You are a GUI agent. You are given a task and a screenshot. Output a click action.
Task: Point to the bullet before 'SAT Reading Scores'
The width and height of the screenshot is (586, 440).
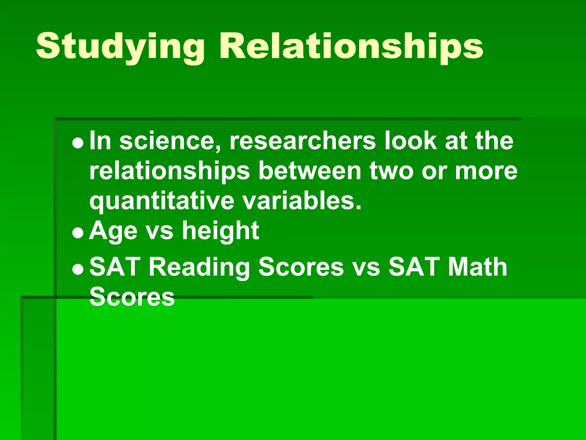pos(78,269)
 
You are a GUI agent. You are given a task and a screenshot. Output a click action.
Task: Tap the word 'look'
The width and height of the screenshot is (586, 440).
pos(411,141)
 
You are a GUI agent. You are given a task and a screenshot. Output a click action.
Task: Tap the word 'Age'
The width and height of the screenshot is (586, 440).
pos(113,231)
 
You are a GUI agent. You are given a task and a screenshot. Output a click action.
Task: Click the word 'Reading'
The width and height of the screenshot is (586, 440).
pos(199,267)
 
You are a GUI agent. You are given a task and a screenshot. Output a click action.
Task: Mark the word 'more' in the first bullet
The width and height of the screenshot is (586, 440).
pos(486,171)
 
